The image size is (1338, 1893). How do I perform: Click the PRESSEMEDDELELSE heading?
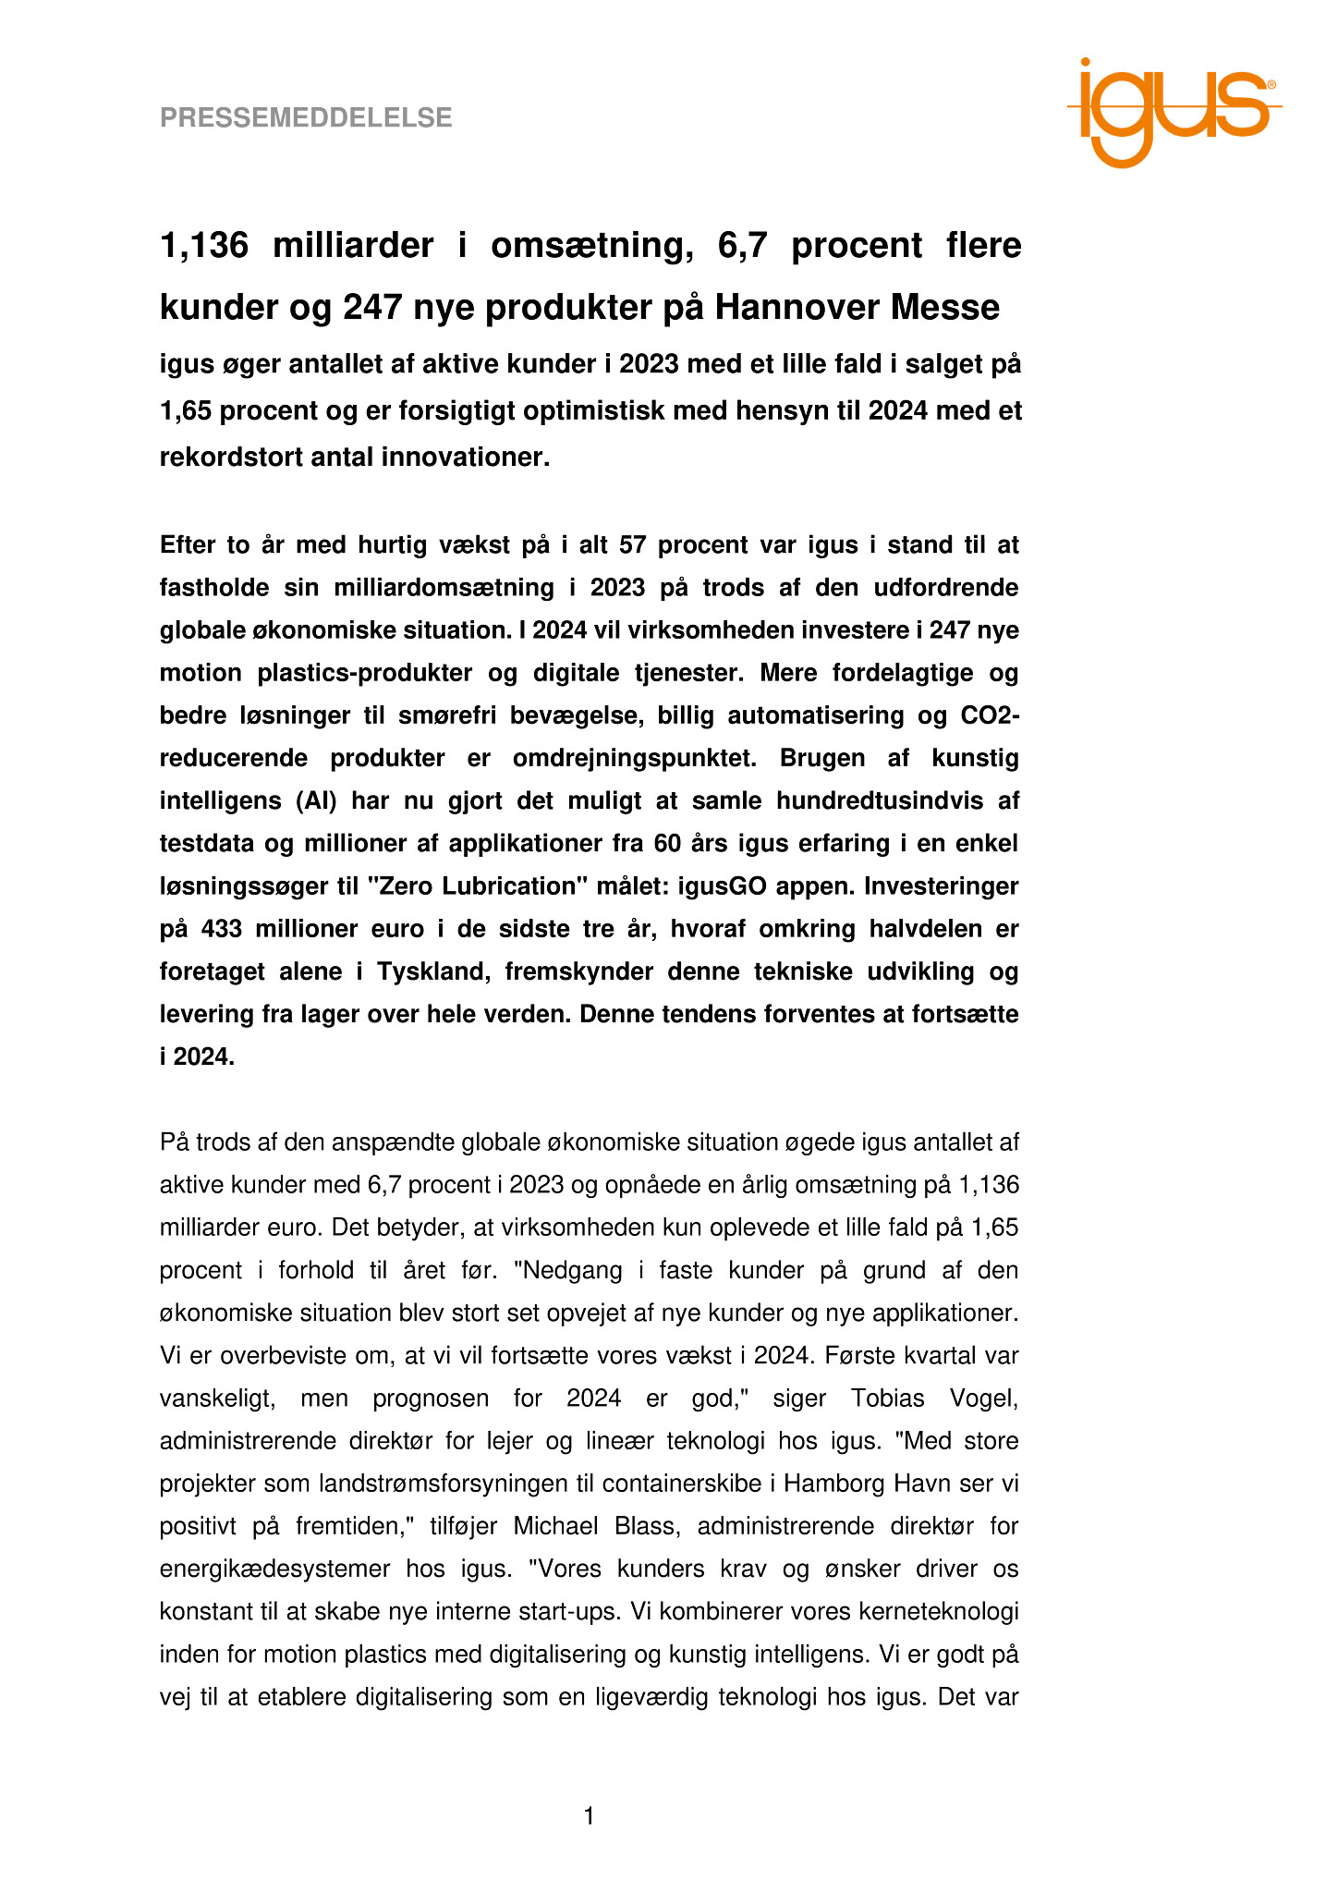point(306,118)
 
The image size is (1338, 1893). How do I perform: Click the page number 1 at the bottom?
point(589,1817)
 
